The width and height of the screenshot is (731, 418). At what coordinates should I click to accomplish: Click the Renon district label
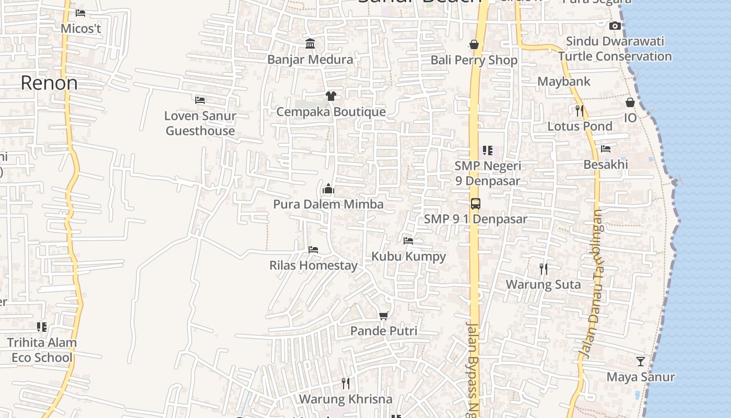(x=49, y=83)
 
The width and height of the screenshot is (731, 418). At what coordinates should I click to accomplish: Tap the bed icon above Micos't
(x=80, y=13)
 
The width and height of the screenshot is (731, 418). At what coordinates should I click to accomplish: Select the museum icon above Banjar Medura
(x=310, y=43)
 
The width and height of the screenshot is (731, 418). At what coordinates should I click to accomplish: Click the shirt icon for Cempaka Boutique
(x=331, y=96)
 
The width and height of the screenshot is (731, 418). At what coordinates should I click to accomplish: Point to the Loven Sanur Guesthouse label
(x=200, y=123)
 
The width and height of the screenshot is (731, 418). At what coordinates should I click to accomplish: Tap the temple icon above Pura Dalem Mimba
(x=328, y=189)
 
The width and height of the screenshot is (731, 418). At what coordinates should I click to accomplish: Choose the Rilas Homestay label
(x=313, y=265)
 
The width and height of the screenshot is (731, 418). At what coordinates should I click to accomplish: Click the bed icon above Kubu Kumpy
(x=408, y=241)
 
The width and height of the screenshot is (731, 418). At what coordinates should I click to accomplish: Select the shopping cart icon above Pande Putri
(x=384, y=316)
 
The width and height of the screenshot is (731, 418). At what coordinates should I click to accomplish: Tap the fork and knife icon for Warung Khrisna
(x=345, y=384)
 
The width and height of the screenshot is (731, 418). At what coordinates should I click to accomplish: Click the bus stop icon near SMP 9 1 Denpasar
(x=475, y=204)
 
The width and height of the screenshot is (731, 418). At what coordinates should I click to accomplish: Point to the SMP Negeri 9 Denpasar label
(x=488, y=173)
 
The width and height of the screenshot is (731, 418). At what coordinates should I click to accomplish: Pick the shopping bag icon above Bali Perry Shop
(x=474, y=44)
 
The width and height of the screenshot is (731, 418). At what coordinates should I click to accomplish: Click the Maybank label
(x=564, y=82)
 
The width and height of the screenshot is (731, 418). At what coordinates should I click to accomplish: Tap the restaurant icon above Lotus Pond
(x=579, y=110)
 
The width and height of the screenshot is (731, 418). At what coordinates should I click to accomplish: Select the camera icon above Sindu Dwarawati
(x=615, y=26)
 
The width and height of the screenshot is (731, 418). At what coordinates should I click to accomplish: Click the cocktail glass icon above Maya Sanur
(x=640, y=361)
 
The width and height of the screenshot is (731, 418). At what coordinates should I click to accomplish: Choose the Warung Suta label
(x=543, y=285)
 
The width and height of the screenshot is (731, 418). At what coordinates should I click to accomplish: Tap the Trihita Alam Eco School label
(x=42, y=350)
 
